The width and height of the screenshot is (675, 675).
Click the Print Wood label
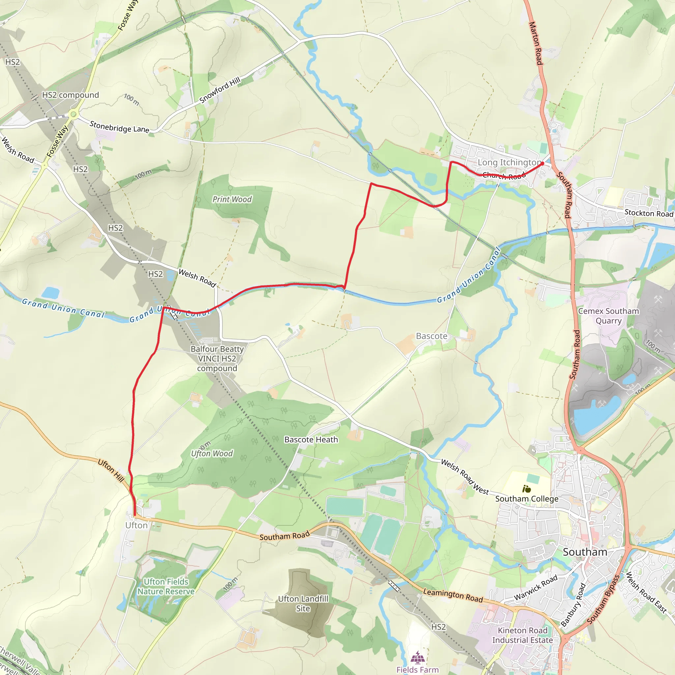pyautogui.click(x=232, y=199)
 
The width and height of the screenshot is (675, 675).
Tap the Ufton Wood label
pyautogui.click(x=212, y=454)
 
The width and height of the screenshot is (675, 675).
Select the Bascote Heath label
pyautogui.click(x=311, y=440)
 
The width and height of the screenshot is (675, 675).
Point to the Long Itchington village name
pyautogui.click(x=509, y=162)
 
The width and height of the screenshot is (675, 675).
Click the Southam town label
pyautogui.click(x=585, y=552)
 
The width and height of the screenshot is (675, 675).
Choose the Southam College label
pyautogui.click(x=526, y=499)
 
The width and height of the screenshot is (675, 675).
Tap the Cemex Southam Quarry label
pyautogui.click(x=608, y=316)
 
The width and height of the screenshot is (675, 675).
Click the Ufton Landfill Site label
pyautogui.click(x=303, y=603)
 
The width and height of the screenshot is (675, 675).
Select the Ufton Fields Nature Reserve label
pyautogui.click(x=166, y=587)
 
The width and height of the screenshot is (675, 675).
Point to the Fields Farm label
pyautogui.click(x=417, y=669)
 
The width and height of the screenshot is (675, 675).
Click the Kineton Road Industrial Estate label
pyautogui.click(x=522, y=635)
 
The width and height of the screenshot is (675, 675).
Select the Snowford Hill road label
pyautogui.click(x=220, y=90)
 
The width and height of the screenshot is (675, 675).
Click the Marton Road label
pyautogui.click(x=536, y=43)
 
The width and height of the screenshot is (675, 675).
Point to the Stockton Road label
pyautogui.click(x=648, y=213)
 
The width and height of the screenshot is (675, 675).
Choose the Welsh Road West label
pyautogui.click(x=465, y=477)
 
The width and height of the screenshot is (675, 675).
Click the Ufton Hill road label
pyautogui.click(x=111, y=471)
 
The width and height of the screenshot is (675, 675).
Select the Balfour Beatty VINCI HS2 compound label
pyautogui.click(x=217, y=359)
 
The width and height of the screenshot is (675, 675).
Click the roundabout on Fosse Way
pyautogui.click(x=73, y=114)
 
